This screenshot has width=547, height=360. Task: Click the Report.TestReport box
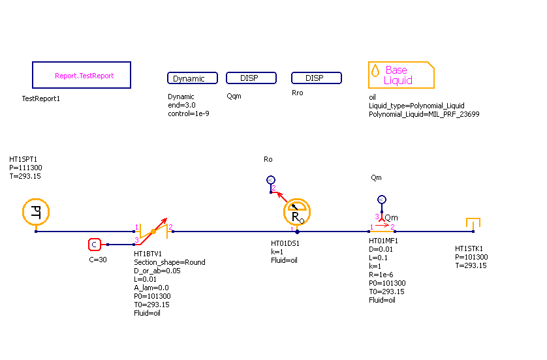pos(82,75)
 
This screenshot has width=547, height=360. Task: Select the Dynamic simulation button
pos(189,78)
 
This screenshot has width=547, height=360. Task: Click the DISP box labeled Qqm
pos(251,78)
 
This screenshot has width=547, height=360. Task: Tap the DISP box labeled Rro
pos(316,78)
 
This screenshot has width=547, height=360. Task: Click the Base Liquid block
pos(401,75)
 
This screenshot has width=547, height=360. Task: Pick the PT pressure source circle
pos(36,211)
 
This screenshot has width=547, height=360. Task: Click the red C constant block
pos(94,245)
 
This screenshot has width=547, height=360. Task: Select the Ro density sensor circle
pos(297,213)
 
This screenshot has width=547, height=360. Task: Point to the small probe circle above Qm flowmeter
pos(382,200)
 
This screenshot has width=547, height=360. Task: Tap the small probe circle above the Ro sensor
pos(271,180)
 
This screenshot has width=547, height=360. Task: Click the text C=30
pos(98,259)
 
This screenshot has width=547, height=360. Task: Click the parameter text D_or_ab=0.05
pos(157,271)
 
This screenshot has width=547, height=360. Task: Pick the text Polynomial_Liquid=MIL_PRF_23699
pos(424,114)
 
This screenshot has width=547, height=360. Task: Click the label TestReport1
pos(40,99)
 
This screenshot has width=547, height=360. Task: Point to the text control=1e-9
pos(188,113)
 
